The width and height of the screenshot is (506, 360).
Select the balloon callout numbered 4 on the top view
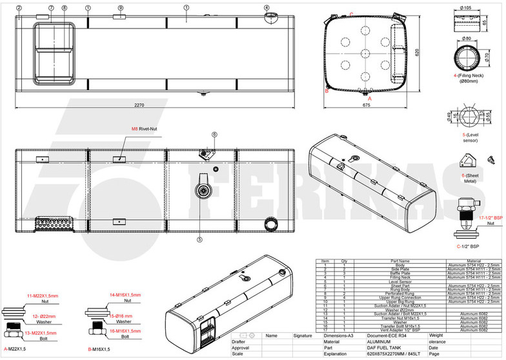pyautogui.click(x=267, y=8)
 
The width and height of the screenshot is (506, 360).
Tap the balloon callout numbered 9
pyautogui.click(x=121, y=8)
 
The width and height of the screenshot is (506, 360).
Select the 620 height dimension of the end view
pyautogui.click(x=418, y=52)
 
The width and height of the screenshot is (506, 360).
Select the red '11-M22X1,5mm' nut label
pyautogui.click(x=42, y=295)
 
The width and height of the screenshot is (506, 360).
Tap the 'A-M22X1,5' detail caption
pyautogui.click(x=16, y=348)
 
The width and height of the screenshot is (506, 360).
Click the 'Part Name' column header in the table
pyautogui.click(x=400, y=261)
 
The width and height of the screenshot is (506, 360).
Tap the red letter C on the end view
pyautogui.click(x=350, y=14)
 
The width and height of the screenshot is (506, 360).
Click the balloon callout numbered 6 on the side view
pyautogui.click(x=214, y=134)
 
